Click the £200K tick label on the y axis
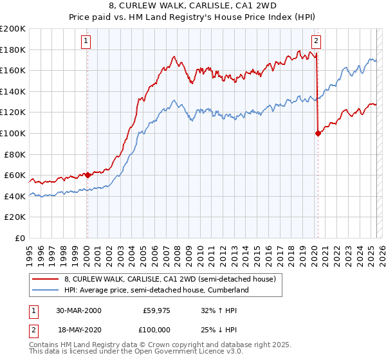click(12, 29)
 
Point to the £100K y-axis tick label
click(12, 133)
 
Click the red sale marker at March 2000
click(87, 175)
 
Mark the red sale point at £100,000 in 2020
click(318, 134)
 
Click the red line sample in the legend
click(46, 279)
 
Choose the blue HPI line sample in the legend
click(46, 291)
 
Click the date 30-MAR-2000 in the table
click(78, 310)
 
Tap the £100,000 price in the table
click(155, 328)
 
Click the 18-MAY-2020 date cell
click(78, 328)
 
